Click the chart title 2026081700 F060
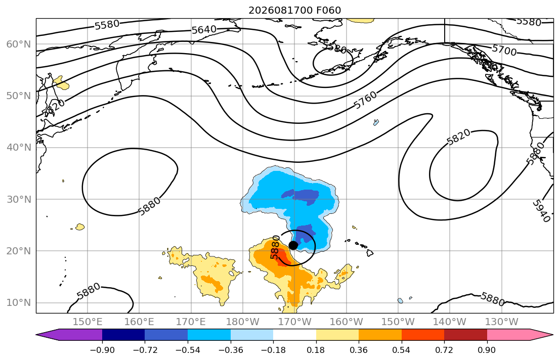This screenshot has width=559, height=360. pos(294,10)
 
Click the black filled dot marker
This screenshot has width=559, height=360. pos(293,245)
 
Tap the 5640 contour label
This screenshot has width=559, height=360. pos(204,30)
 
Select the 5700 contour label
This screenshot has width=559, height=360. pos(504,50)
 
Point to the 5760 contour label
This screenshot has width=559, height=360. pos(365,100)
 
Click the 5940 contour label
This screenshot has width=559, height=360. pos(541,211)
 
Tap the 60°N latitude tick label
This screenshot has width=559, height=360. pos(19,44)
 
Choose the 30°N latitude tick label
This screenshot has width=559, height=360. pos(19,199)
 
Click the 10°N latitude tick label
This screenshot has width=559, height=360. pos(19,303)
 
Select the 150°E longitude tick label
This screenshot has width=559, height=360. pos(88,322)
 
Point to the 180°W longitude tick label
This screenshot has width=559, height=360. pos(243,322)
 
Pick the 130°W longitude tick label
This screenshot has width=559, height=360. pos(502,322)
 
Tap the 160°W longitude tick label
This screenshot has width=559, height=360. pos(347,322)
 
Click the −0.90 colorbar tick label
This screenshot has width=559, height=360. pos(102,350)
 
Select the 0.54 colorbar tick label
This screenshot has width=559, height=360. pos(402,350)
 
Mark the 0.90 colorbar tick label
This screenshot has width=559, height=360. pos(487,350)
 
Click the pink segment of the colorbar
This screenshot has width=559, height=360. pos(508,335)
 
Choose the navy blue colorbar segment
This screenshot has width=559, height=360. pos(123,335)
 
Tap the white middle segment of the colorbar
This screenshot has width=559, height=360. pos(294,335)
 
